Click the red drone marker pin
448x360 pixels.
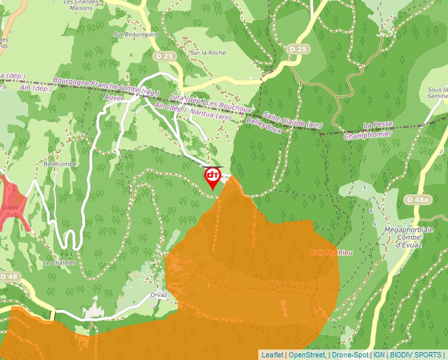tap(212, 176)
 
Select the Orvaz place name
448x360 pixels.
tap(159, 295)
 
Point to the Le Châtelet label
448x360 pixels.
tap(59, 262)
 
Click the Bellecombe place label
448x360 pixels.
tap(60, 163)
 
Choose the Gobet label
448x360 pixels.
tap(9, 206)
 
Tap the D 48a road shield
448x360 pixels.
tap(418, 199)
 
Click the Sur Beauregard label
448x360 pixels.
tap(136, 34)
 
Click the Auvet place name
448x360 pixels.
tap(114, 97)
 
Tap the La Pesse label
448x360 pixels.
tap(378, 125)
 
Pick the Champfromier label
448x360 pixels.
tap(368, 134)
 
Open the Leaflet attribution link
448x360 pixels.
tap(272, 354)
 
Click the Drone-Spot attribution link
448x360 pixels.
tap(349, 354)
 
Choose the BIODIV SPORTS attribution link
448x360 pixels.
tap(416, 354)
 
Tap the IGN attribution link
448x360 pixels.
tap(379, 354)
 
